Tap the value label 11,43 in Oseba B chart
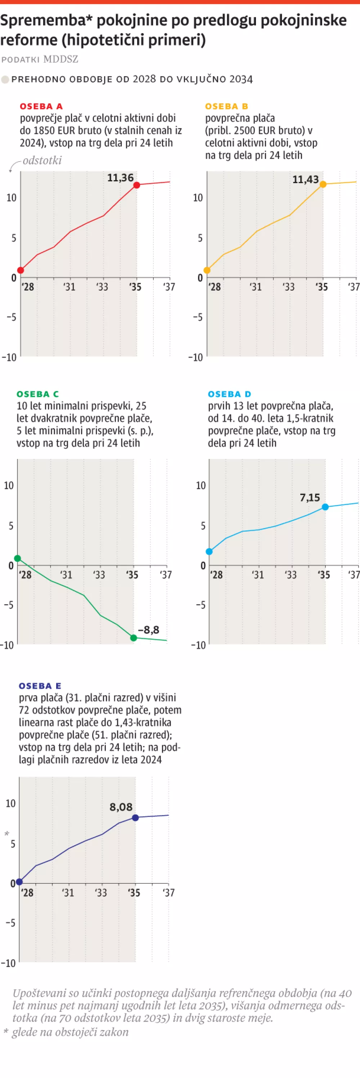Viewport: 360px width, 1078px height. (305, 179)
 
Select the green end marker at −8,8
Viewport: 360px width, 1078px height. (134, 638)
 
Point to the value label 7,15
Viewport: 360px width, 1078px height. (310, 497)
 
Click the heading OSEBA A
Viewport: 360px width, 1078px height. (41, 106)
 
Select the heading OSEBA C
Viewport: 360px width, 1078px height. (38, 394)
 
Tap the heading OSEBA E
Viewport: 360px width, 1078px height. (40, 686)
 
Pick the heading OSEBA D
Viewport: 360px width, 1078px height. (229, 394)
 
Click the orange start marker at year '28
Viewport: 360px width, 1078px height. (207, 270)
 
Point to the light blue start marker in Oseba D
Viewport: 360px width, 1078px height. (209, 551)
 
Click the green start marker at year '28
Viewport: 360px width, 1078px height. (18, 558)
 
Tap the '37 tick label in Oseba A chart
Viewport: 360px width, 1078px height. (169, 287)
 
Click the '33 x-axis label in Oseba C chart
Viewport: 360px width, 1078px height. (99, 574)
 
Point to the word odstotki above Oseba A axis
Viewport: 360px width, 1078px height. (42, 160)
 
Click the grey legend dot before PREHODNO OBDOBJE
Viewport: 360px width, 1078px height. (5, 79)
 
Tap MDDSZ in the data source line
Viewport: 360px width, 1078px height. (61, 59)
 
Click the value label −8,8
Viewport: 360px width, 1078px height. (149, 629)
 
